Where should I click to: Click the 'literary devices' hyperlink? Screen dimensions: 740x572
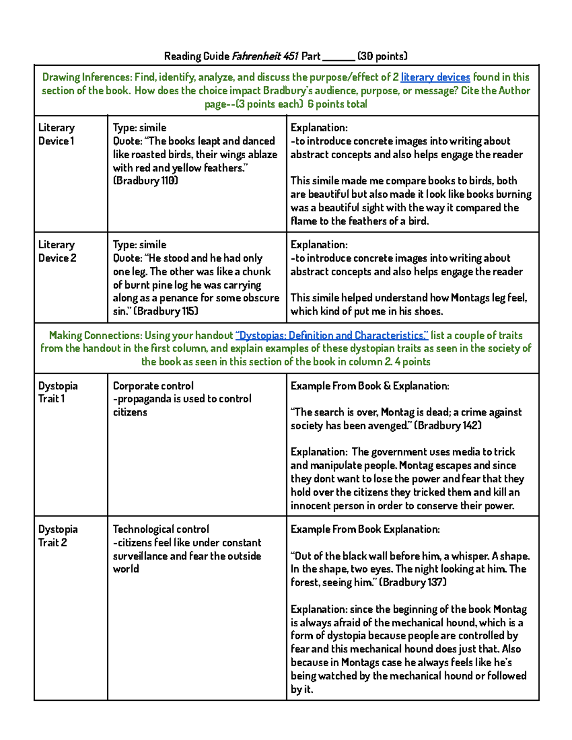pos(435,77)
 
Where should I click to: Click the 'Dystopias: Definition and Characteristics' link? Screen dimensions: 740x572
pos(332,335)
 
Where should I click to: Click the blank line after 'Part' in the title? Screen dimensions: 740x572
pos(338,57)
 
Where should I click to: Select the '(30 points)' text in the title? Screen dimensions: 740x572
pos(382,56)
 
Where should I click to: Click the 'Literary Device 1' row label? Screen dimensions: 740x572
pos(56,134)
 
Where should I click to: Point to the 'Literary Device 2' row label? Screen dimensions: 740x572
pos(57,251)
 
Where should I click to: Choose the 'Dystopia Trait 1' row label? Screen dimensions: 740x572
pos(57,392)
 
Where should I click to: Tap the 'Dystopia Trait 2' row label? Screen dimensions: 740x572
pos(57,536)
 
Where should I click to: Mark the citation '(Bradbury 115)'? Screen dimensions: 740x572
pos(166,311)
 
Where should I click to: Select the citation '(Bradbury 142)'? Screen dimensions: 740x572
pos(448,426)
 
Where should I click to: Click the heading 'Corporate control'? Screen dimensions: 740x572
pos(153,386)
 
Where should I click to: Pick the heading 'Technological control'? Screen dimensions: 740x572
pos(161,529)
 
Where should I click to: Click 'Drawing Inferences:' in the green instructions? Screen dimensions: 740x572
pos(87,77)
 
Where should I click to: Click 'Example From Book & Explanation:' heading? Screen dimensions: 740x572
pos(369,386)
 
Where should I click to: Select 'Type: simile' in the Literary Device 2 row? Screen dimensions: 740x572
pos(140,245)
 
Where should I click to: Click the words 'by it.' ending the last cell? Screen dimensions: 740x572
pos(302,689)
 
